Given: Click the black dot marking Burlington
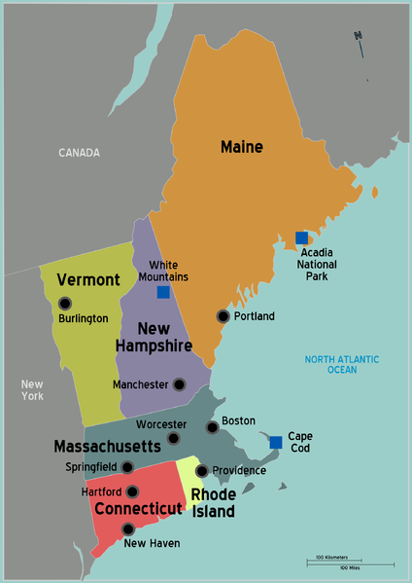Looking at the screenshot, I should coord(64,303).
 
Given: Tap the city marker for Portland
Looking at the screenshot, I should coord(223,316).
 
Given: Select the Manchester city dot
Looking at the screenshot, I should coord(179,384).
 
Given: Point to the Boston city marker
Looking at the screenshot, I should coord(212,427).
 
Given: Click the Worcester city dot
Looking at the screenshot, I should coord(173,438).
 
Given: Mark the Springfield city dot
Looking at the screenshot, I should coord(127,467).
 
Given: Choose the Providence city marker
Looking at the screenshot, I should coord(201,471).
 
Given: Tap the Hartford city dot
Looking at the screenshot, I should coord(132,492).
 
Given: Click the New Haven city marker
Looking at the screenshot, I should coord(128,529).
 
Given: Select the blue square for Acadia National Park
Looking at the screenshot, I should coord(301,237).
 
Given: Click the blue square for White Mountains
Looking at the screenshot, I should coord(163,292).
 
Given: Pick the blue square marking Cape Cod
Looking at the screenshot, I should coord(276,442).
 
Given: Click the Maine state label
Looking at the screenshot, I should coord(242,147).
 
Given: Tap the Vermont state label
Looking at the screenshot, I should coord(88,280).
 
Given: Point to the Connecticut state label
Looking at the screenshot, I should coord(138,509).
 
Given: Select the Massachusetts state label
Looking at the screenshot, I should coord(107,447).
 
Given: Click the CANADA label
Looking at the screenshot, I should coord(80,153).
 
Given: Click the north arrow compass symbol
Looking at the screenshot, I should coord(358,41).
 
